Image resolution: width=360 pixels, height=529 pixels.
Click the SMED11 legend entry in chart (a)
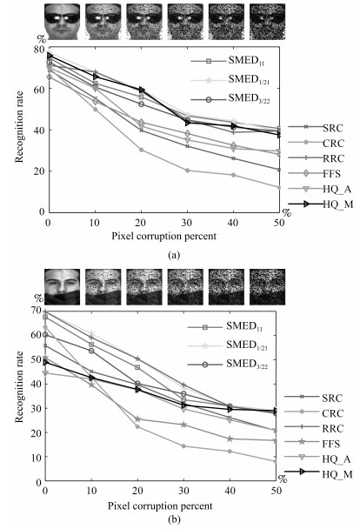[x=228, y=61]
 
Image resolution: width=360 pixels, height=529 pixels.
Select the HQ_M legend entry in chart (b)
[x=318, y=473]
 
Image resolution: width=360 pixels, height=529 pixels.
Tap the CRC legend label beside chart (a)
[x=333, y=144]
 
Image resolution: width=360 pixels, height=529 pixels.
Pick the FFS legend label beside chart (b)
[x=331, y=444]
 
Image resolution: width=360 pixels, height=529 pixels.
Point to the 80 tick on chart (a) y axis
[x=39, y=50]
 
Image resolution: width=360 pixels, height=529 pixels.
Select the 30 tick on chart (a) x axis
[x=187, y=223]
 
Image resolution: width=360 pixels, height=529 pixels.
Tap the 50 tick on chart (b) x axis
[x=276, y=490]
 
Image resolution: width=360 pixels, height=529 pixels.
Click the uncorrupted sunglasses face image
[x=63, y=22]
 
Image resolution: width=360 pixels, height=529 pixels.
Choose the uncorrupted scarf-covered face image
[x=62, y=287]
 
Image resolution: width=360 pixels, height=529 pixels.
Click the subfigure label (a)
[x=174, y=255]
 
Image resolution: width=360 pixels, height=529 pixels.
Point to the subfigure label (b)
[x=174, y=519]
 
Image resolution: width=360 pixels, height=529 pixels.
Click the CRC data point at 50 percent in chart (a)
[x=279, y=187]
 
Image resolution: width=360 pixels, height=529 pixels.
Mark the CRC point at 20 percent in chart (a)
[x=141, y=150]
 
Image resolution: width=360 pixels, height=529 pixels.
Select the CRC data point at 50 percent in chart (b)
[x=276, y=461]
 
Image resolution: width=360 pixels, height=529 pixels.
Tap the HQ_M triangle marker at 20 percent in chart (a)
[x=141, y=90]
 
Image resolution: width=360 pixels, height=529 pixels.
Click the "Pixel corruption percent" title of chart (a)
[x=163, y=236]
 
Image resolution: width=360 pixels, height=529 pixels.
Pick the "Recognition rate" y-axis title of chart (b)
[x=19, y=386]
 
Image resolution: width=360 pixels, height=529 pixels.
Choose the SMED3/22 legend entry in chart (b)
[x=228, y=364]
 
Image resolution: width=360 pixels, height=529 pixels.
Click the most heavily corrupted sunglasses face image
[x=267, y=22]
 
